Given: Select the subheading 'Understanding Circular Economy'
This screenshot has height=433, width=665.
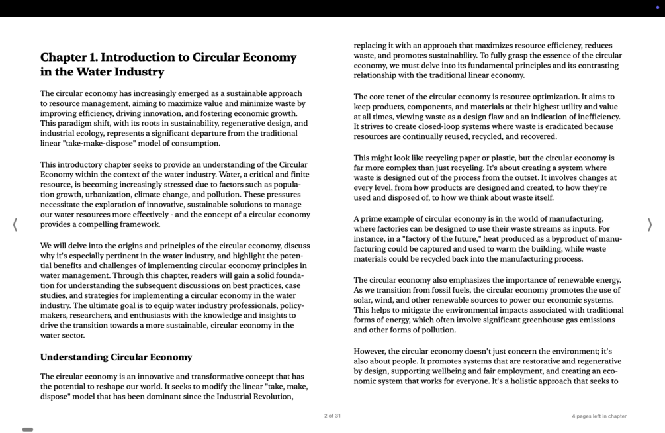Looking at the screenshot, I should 116,357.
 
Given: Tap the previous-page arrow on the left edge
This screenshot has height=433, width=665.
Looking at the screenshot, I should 15,224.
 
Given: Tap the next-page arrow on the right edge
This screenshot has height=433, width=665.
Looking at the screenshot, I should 650,224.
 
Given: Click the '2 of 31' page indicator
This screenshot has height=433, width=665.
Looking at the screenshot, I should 332,416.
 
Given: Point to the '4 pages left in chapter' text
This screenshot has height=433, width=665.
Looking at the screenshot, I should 599,416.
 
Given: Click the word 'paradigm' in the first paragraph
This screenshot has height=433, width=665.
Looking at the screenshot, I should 75,123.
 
